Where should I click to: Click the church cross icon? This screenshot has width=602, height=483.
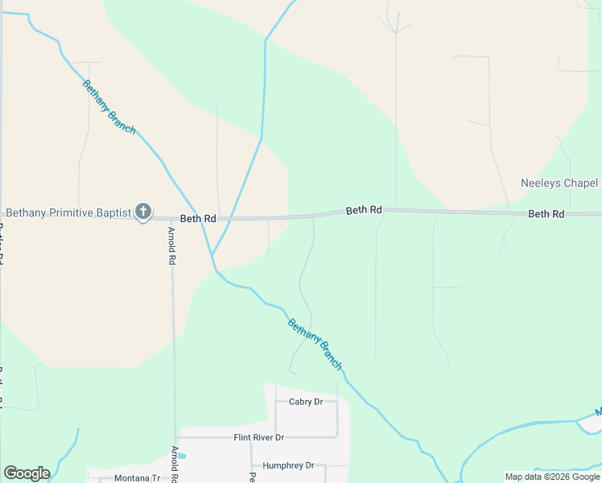143,213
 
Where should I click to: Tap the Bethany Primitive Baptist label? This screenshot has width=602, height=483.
68,213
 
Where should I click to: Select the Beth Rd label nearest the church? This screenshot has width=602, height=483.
198,218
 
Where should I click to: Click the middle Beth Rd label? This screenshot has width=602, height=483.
364,210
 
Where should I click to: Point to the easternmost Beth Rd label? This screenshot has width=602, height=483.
546,214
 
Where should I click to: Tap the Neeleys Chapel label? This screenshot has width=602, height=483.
559,184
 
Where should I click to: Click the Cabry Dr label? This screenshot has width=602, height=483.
306,402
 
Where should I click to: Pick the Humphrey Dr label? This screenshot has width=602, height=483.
287,465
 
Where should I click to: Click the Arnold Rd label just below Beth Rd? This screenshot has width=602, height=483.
171,246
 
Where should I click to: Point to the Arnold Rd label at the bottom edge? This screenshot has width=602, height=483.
175,463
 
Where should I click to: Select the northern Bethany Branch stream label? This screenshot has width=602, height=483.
109,106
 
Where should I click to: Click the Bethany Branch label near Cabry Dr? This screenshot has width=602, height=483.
315,344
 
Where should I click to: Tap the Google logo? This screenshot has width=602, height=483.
27,473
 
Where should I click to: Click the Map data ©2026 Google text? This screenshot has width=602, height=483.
551,477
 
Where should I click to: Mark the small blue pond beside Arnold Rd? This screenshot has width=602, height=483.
182,456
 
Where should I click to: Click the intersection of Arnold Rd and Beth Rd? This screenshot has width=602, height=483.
171,219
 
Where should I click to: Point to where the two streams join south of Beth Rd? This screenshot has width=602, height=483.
212,256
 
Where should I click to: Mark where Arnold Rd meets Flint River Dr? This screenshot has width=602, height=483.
175,438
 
